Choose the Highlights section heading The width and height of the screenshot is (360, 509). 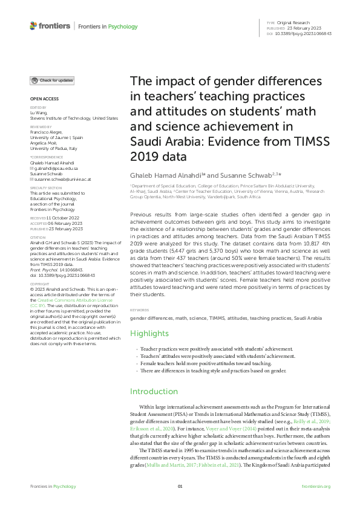pos(149,334)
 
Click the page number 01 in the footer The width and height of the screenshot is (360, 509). pos(180,486)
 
